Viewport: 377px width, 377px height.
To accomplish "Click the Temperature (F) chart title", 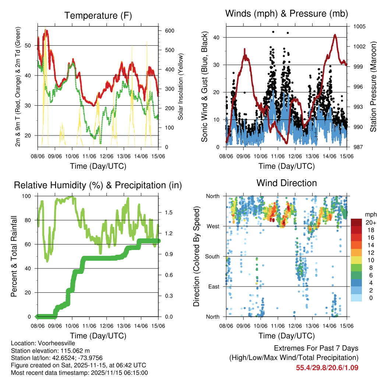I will (98, 15).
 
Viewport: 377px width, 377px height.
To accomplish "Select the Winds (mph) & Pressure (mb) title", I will (286, 14).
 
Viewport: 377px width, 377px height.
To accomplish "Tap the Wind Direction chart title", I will (286, 183).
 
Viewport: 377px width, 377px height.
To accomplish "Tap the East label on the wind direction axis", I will (213, 286).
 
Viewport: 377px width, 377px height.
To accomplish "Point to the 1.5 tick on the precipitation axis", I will (169, 212).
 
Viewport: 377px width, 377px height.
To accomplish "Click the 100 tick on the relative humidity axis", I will (28, 196).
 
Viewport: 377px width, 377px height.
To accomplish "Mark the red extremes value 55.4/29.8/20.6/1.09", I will (327, 367).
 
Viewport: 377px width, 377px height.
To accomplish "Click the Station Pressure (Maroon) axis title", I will (373, 87).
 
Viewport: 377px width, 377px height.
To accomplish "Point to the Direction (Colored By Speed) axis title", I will (196, 256).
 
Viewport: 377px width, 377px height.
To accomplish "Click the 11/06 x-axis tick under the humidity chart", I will (89, 326).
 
